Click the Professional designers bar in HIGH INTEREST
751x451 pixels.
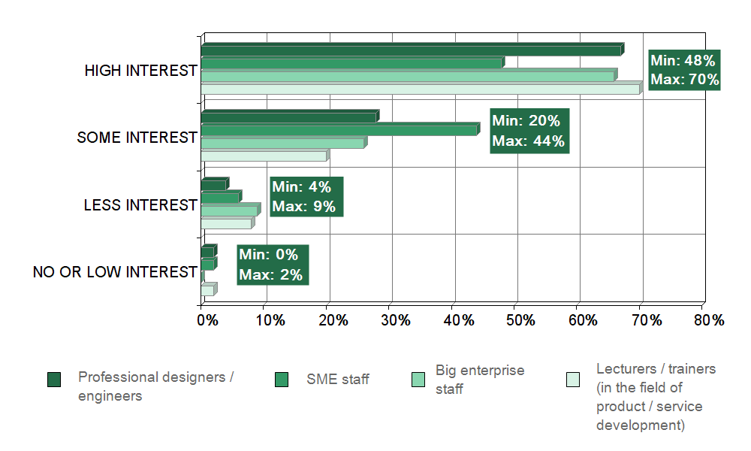pyautogui.click(x=411, y=50)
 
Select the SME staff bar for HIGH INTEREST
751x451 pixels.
pyautogui.click(x=351, y=64)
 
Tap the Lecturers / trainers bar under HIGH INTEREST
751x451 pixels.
pyautogui.click(x=420, y=89)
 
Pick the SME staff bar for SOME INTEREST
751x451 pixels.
pyautogui.click(x=339, y=130)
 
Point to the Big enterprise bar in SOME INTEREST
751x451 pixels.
pyautogui.click(x=282, y=144)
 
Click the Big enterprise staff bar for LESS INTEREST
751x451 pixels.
pyautogui.click(x=229, y=210)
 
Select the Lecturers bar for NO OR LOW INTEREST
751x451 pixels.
pyautogui.click(x=207, y=290)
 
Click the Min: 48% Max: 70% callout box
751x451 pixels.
pyautogui.click(x=684, y=71)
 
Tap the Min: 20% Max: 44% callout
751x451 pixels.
pyautogui.click(x=529, y=131)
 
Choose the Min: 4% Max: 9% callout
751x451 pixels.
pyautogui.click(x=306, y=197)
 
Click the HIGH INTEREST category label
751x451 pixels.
pyautogui.click(x=140, y=71)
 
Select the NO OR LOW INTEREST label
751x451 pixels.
pyautogui.click(x=115, y=272)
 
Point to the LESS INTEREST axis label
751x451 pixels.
pyautogui.click(x=140, y=205)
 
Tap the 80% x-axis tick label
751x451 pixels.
pyautogui.click(x=707, y=320)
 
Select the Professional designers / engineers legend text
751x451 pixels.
pyautogui.click(x=155, y=386)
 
